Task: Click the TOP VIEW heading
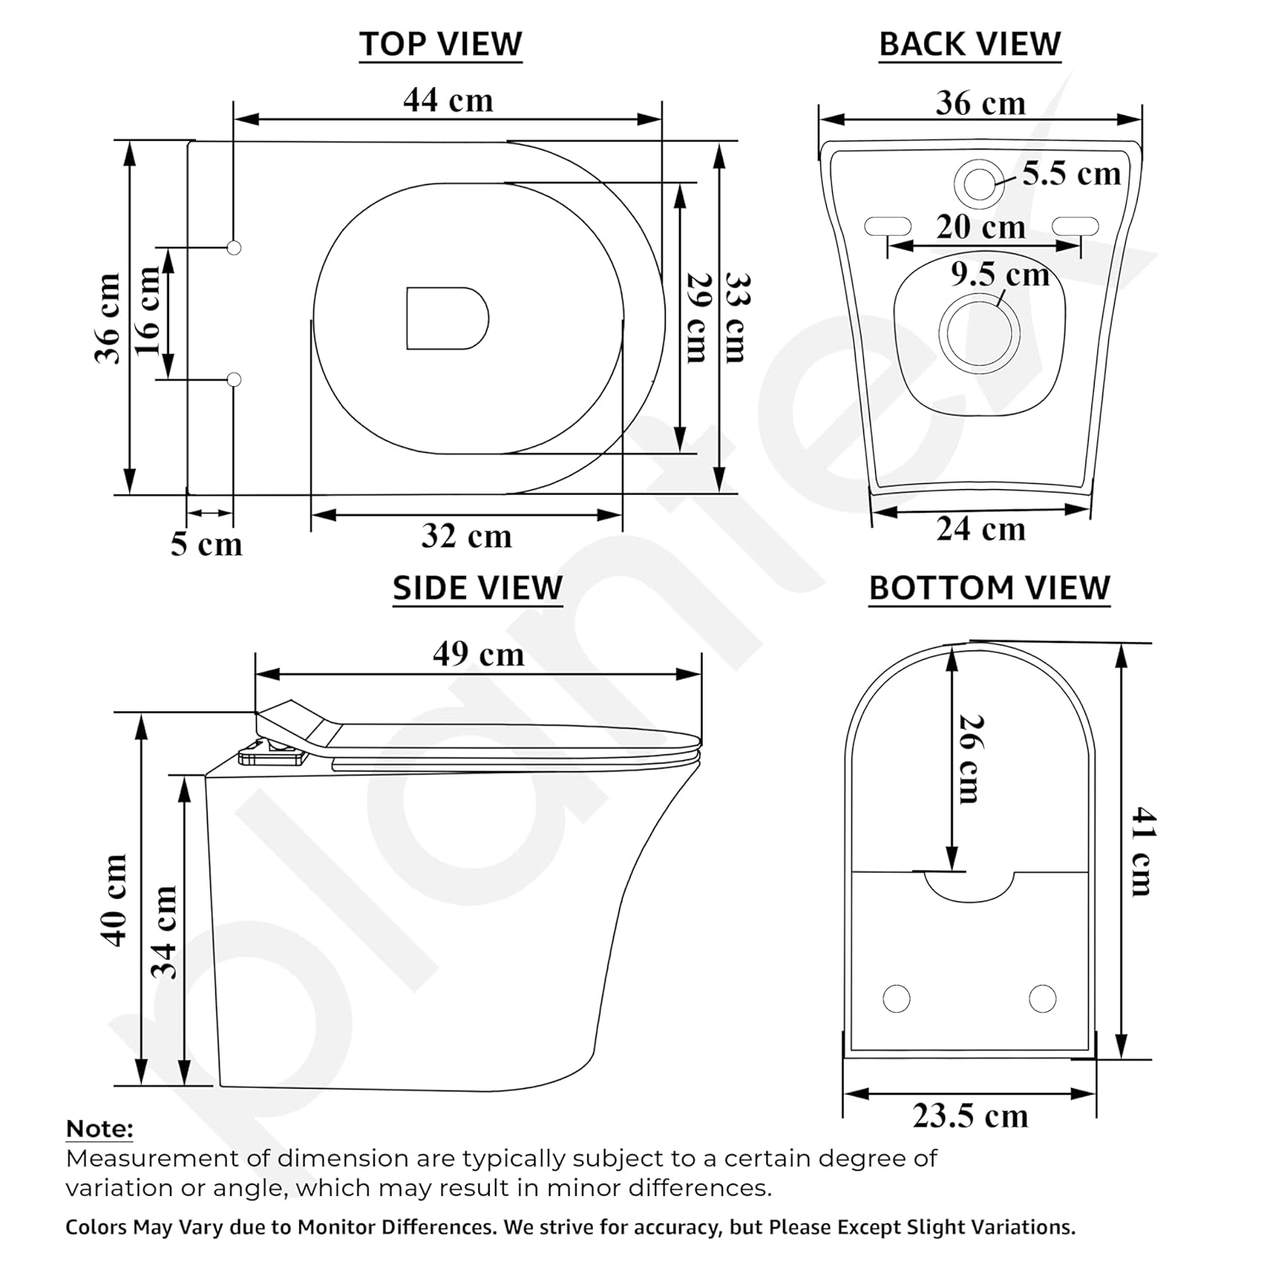(440, 44)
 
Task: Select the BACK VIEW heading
(970, 44)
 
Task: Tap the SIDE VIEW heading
(477, 588)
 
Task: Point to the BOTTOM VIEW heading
(989, 588)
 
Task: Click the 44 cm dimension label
(448, 101)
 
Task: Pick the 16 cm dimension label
(148, 312)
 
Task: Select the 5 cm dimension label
(206, 544)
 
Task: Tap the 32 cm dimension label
(466, 536)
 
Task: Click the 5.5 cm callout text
(1071, 174)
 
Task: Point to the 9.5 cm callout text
(1000, 275)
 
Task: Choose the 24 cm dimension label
(981, 530)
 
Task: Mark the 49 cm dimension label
(478, 654)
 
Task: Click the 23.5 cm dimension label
(971, 1116)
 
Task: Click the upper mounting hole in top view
(235, 247)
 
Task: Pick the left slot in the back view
(888, 226)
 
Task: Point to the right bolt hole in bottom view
(1042, 998)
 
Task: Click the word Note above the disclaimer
(100, 1129)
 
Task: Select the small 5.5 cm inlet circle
(979, 183)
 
